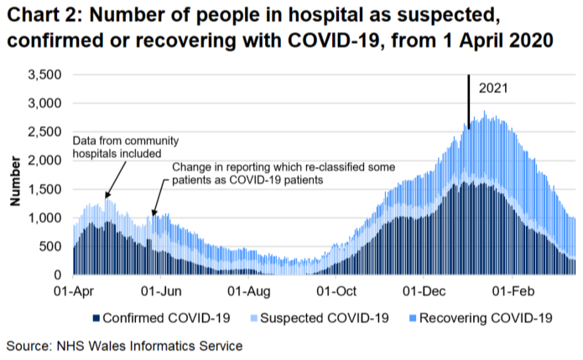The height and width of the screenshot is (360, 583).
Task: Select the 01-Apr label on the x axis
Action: [x=73, y=290]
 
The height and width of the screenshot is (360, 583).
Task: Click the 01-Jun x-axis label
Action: [x=160, y=290]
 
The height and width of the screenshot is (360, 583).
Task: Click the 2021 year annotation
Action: [x=493, y=87]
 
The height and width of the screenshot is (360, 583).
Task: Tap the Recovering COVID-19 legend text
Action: [x=487, y=318]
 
